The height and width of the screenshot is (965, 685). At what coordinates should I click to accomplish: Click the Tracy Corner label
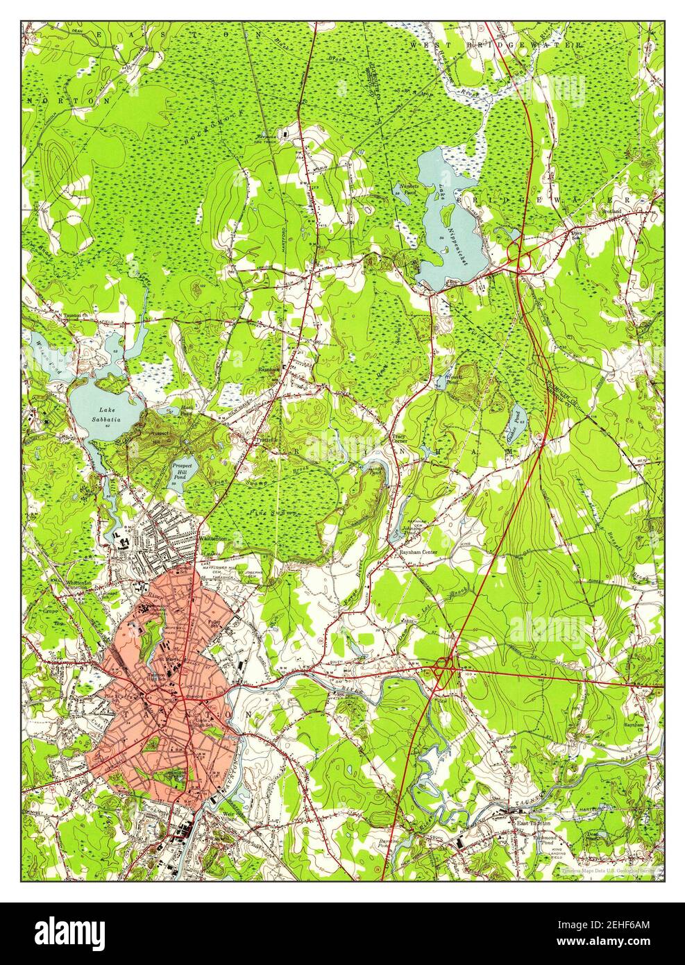point(394,440)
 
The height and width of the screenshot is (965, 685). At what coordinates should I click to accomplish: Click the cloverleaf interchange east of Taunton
point(442,669)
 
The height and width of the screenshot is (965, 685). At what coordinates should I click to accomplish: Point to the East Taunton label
point(532,823)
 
